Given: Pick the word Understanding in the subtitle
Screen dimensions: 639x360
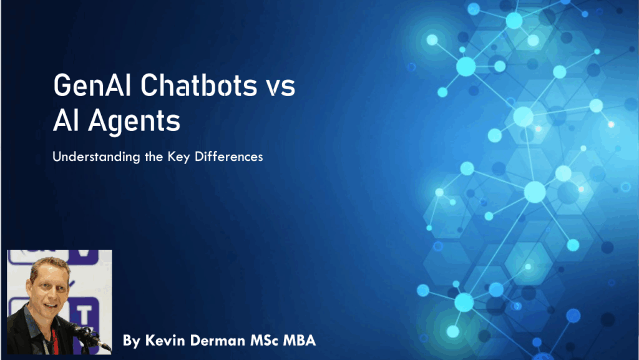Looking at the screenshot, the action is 96,157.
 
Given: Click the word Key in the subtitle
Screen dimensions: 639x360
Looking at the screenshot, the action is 178,157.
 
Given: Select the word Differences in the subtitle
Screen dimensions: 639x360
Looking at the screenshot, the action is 228,157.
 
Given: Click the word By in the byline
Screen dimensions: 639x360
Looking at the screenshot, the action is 132,341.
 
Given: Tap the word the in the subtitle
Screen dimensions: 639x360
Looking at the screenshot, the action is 154,157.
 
